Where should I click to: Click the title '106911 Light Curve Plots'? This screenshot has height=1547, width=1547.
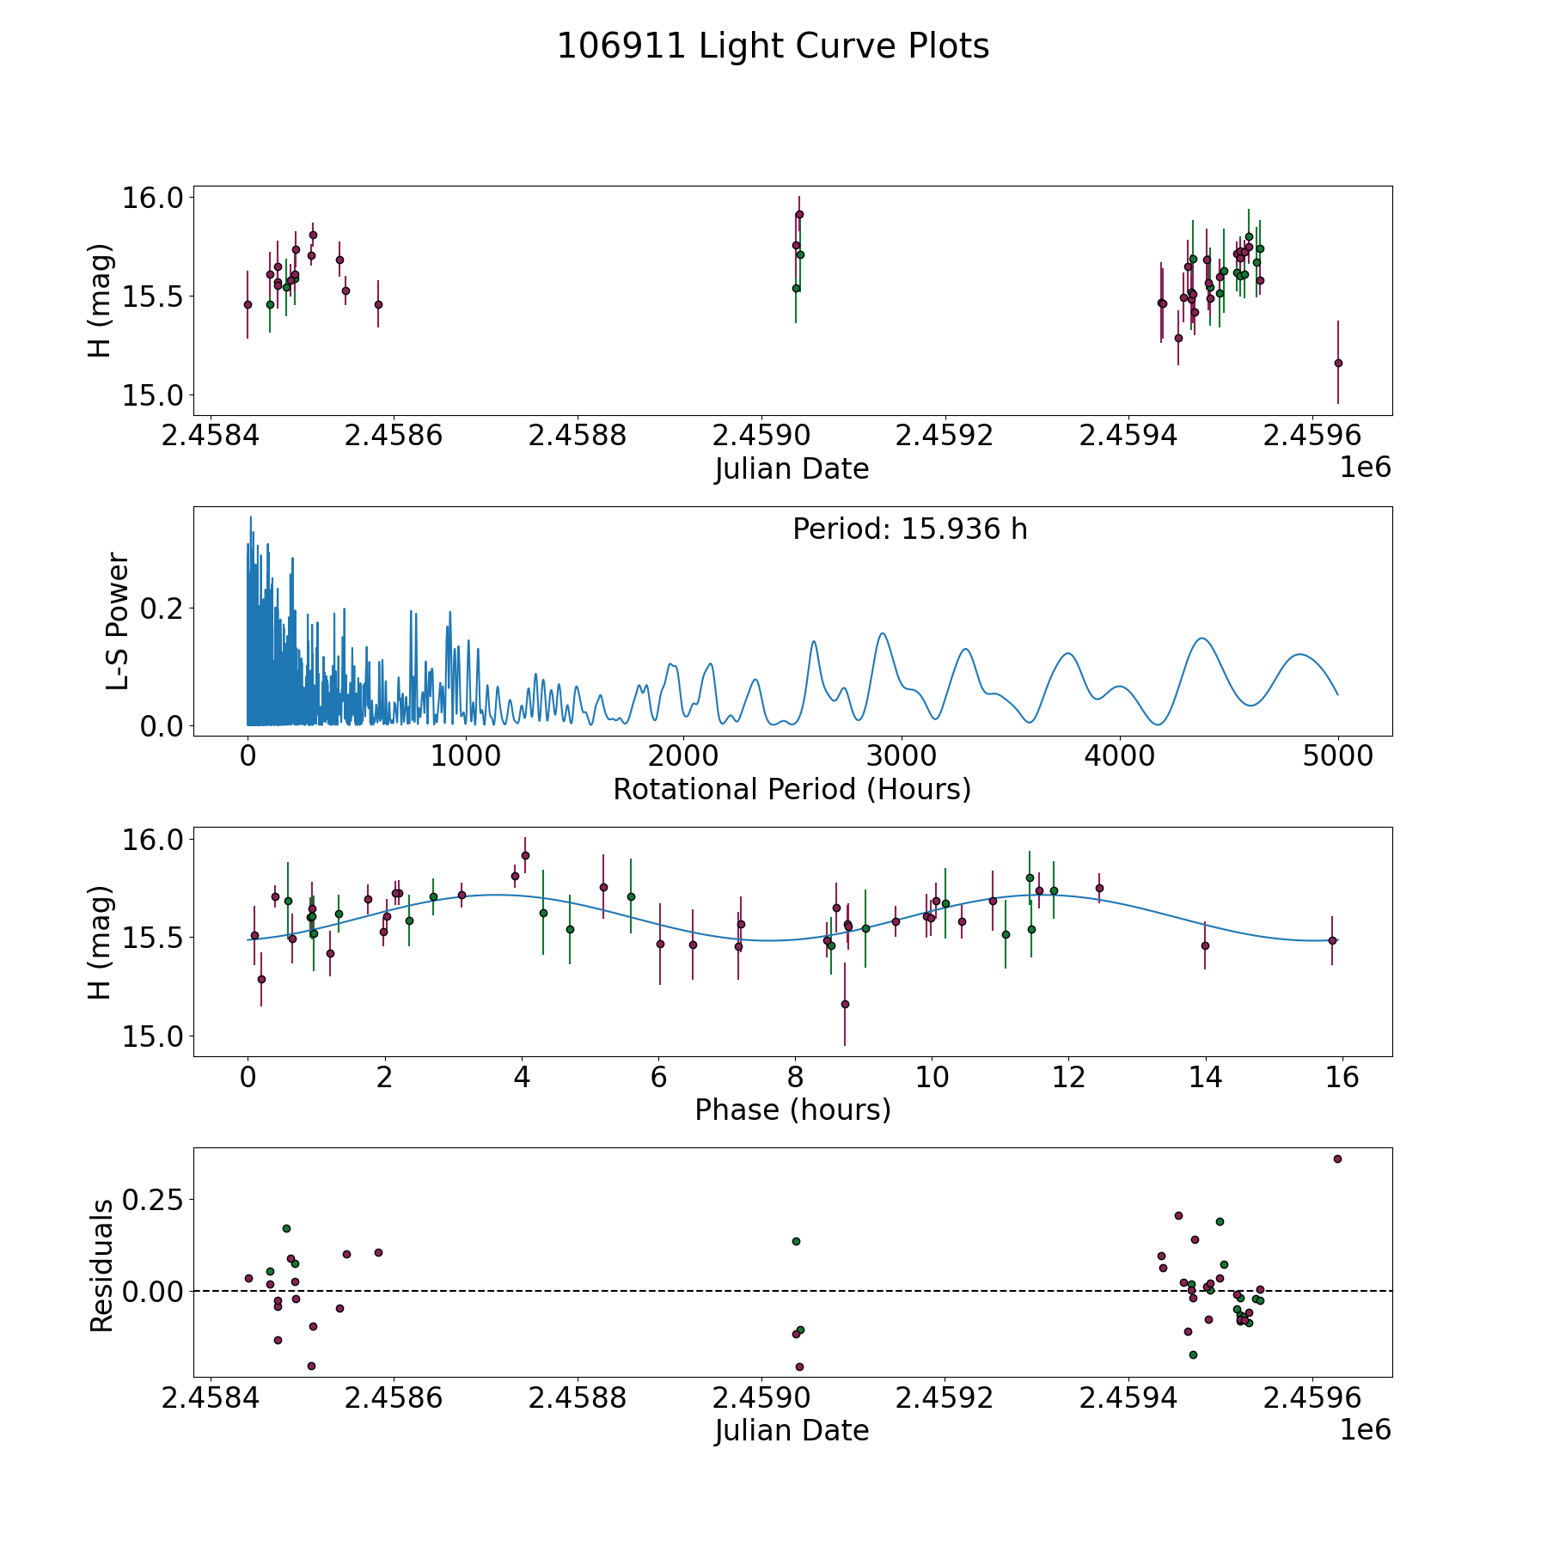[x=773, y=46]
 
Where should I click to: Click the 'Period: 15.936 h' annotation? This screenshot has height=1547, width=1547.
[x=909, y=529]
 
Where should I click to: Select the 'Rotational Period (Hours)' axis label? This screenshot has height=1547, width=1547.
[x=792, y=789]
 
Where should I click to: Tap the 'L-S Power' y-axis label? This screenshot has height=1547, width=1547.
[x=118, y=621]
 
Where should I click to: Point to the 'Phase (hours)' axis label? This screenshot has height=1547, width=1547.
[x=792, y=1110]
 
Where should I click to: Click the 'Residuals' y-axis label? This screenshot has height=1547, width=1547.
[x=101, y=1266]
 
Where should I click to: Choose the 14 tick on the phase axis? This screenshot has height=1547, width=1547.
[x=1205, y=1078]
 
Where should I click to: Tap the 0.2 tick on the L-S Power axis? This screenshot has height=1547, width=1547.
[x=162, y=608]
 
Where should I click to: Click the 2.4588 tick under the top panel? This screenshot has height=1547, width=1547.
[x=577, y=436]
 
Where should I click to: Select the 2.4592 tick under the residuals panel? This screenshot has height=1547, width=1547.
[x=945, y=1398]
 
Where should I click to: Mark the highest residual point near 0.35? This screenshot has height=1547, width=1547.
[x=1337, y=1159]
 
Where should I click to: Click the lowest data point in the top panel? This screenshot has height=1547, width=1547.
[x=1338, y=363]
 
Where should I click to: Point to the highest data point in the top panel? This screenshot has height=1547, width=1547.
[x=799, y=214]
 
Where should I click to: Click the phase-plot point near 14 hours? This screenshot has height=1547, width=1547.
[x=1205, y=945]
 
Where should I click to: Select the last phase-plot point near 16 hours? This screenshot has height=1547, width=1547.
[x=1332, y=940]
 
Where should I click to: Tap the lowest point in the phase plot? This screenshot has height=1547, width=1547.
[x=845, y=1004]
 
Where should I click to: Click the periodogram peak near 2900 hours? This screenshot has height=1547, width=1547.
[x=882, y=633]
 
